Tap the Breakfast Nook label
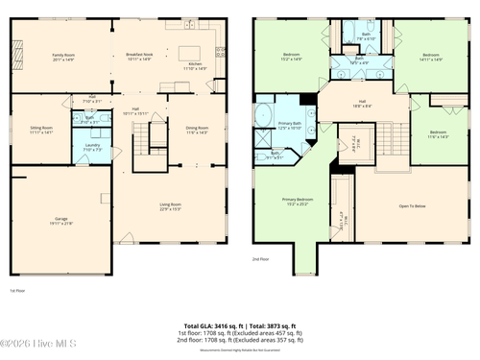pyautogui.click(x=139, y=57)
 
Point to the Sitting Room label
pyautogui.click(x=41, y=129)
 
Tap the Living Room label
pyautogui.click(x=170, y=204)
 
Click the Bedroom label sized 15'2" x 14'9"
pyautogui.click(x=292, y=57)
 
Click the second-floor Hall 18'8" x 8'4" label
pyautogui.click(x=363, y=103)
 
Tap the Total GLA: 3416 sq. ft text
pyautogui.click(x=206, y=325)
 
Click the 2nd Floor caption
pyautogui.click(x=260, y=259)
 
